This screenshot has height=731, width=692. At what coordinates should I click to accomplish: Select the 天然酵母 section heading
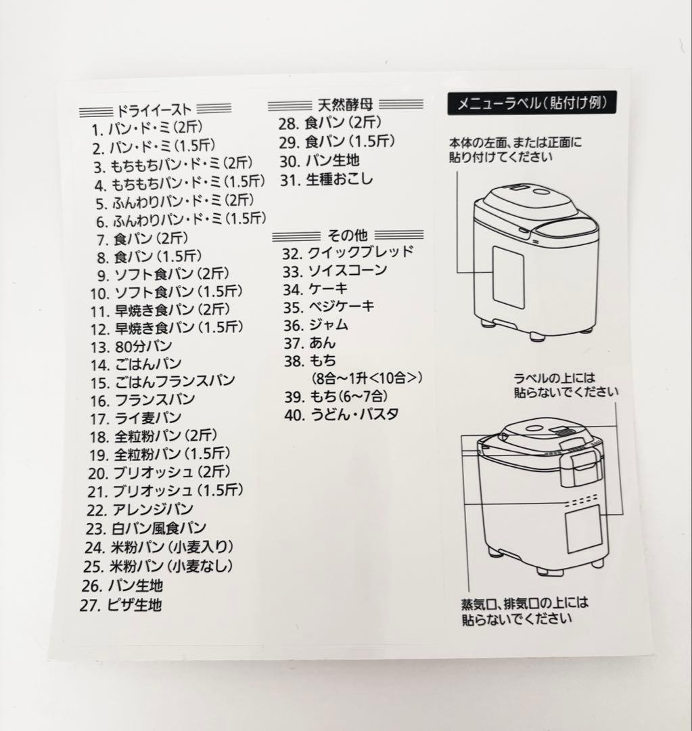coord(345,105)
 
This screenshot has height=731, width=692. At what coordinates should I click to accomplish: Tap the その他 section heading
coord(348,236)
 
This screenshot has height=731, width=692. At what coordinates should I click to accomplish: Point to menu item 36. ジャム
coord(317,324)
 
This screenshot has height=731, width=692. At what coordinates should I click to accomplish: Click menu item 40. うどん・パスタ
coord(342,414)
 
